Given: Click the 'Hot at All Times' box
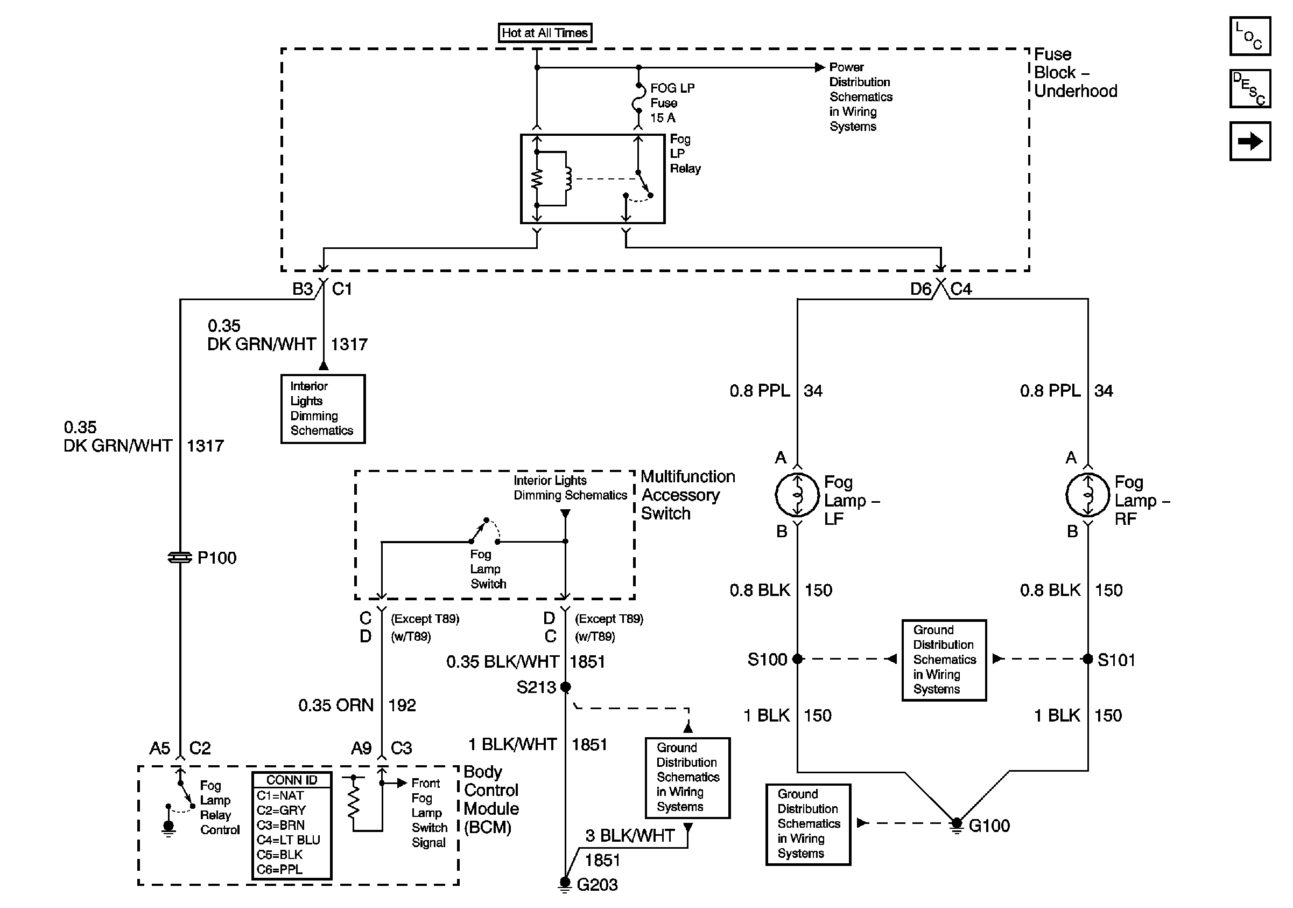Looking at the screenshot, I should pos(545,33).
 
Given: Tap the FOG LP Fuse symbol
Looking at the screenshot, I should pos(638,101).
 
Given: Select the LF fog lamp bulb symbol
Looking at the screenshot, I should pos(797,495).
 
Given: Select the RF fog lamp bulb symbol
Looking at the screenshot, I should pos(1087,495).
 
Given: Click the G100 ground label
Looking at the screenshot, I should pos(989,826).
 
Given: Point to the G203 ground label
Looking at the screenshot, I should pos(597,885).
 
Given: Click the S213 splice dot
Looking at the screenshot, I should pos(565,687).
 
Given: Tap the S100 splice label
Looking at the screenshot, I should pos(767,660).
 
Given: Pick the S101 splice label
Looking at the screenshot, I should pos(1116,660).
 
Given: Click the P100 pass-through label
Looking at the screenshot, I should pos(217,558).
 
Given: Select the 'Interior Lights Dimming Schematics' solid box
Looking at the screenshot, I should pos(322,408).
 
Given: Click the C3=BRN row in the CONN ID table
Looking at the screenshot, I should pos(281,825).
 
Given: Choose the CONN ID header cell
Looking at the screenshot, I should pos(292,780).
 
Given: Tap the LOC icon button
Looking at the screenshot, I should pos(1249,37).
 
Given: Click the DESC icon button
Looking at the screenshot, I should pos(1249,88).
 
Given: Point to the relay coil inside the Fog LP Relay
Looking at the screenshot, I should pos(568,179).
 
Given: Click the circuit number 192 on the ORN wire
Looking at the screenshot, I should pos(402,705).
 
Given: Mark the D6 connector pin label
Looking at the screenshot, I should pos(920,289).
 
